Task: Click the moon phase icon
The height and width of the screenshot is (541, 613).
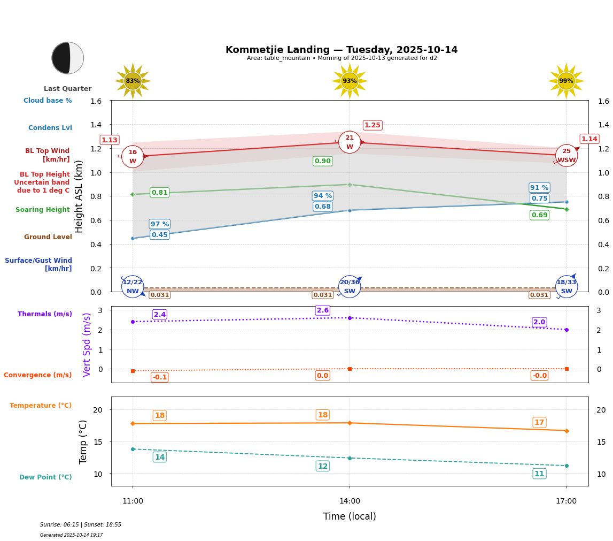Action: [x=68, y=58]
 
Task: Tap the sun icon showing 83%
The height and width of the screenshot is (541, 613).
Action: [x=133, y=81]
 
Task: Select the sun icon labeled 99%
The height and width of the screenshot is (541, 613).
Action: [x=566, y=81]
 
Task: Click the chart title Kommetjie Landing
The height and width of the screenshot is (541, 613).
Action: [x=342, y=50]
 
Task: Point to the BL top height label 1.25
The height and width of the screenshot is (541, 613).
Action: [x=372, y=125]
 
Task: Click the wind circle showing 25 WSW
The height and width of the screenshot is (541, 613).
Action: [x=566, y=156]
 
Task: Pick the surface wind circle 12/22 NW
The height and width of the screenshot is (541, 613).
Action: [x=133, y=286]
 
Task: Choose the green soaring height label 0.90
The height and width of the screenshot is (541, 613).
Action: [x=322, y=161]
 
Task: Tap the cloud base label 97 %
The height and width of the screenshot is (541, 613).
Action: [x=159, y=224]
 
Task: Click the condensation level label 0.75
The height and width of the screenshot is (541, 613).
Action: [x=539, y=199]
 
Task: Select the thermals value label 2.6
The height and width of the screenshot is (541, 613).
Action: [x=322, y=310]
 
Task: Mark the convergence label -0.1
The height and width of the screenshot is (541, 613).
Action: [x=159, y=377]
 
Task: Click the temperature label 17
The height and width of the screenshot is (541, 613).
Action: [x=539, y=423]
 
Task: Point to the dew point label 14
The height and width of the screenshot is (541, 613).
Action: [x=159, y=457]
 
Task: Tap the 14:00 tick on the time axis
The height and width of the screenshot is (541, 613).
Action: [x=350, y=501]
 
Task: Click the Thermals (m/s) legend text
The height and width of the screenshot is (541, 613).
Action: [x=45, y=314]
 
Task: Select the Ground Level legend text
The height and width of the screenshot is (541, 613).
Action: [x=48, y=237]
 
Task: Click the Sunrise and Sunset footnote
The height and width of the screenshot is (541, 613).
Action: [x=81, y=525]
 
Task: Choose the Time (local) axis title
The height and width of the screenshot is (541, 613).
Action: [x=350, y=516]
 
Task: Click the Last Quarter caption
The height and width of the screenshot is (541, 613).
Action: [x=68, y=89]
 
